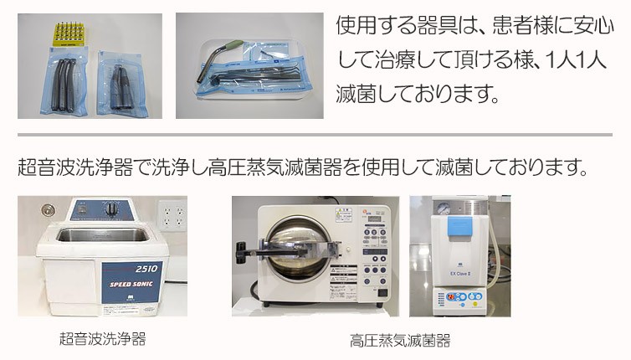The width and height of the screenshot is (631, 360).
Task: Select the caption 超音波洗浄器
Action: [102, 338]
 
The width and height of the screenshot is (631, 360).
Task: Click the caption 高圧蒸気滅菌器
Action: [399, 341]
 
